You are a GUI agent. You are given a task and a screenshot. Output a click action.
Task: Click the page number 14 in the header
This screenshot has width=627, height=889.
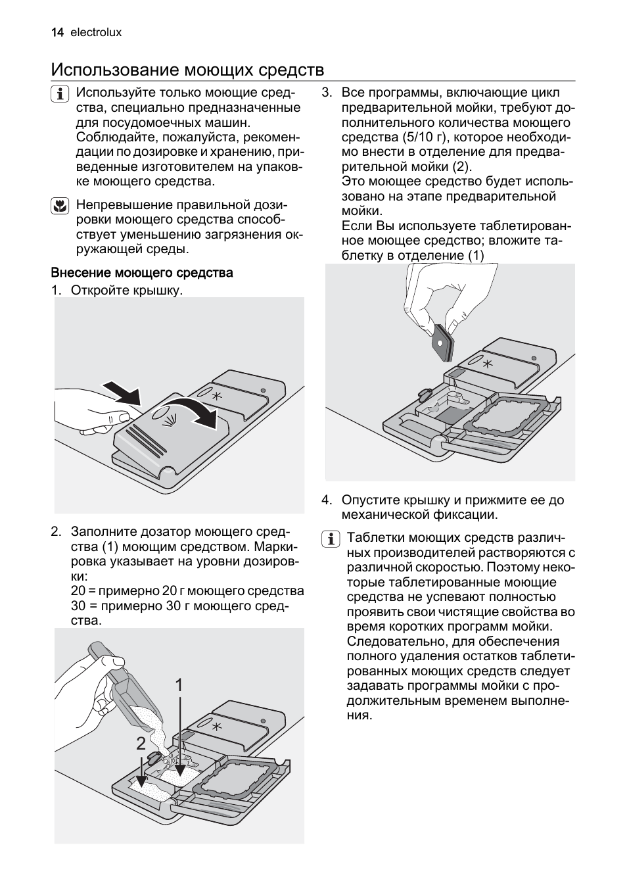click(57, 32)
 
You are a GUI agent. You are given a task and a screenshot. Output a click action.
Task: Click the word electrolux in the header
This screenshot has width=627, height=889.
click(96, 32)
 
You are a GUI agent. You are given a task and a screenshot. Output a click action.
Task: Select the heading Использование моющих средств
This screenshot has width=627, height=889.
click(187, 70)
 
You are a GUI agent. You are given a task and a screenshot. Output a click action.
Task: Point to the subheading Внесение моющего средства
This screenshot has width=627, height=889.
click(142, 272)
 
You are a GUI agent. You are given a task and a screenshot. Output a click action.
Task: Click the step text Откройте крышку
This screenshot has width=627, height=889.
click(126, 290)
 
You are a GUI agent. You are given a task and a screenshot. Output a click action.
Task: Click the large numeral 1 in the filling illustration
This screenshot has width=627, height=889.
click(179, 685)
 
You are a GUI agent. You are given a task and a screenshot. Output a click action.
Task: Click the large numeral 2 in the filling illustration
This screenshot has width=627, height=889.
click(141, 744)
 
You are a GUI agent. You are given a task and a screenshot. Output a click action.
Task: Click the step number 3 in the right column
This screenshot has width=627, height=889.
click(326, 93)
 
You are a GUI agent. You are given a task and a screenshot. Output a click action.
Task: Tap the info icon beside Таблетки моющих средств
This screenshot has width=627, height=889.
click(330, 539)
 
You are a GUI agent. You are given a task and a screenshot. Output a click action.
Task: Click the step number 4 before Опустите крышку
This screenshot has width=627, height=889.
click(326, 500)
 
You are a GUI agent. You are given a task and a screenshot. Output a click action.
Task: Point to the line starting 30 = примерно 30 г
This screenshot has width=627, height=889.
click(179, 606)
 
